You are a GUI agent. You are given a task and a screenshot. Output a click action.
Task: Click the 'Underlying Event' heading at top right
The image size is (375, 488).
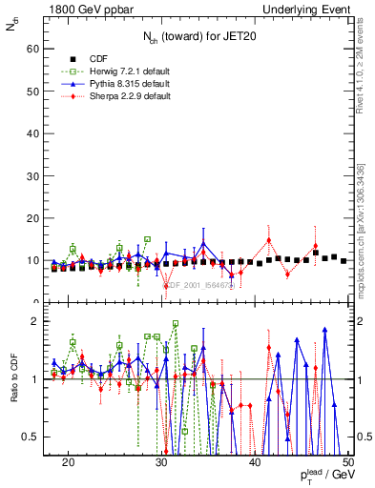pyautogui.click(x=303, y=9)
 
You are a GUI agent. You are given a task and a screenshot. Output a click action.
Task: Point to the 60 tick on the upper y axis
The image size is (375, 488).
pyautogui.click(x=35, y=47)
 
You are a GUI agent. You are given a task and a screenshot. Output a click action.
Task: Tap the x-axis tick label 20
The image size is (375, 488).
pyautogui.click(x=68, y=462)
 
